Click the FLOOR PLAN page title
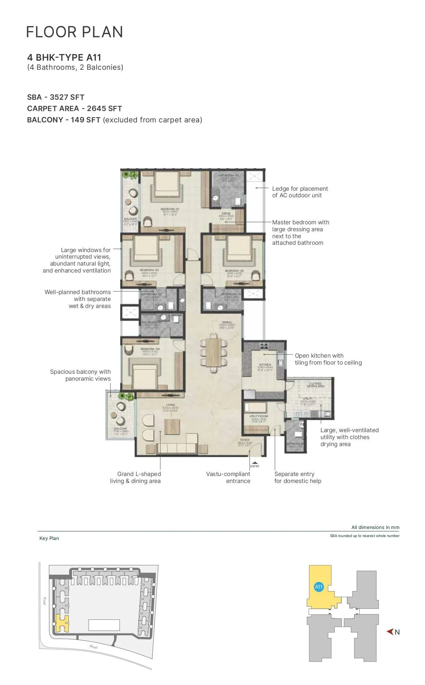pyautogui.click(x=75, y=32)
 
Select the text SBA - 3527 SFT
pyautogui.click(x=56, y=97)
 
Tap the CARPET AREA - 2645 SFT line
pyautogui.click(x=75, y=109)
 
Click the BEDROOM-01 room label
pyautogui.click(x=170, y=209)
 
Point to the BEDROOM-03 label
pyautogui.click(x=234, y=271)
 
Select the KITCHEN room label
pyautogui.click(x=265, y=365)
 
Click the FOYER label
pyautogui.click(x=244, y=440)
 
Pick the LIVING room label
pyautogui.click(x=170, y=405)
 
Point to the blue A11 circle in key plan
pyautogui.click(x=319, y=587)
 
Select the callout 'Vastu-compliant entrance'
pyautogui.click(x=228, y=477)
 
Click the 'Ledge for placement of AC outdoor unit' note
pyautogui.click(x=300, y=192)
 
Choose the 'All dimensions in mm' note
pyautogui.click(x=375, y=527)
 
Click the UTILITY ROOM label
pyautogui.click(x=259, y=416)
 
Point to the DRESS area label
pyautogui.click(x=226, y=213)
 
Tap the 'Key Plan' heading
pyautogui.click(x=49, y=538)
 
